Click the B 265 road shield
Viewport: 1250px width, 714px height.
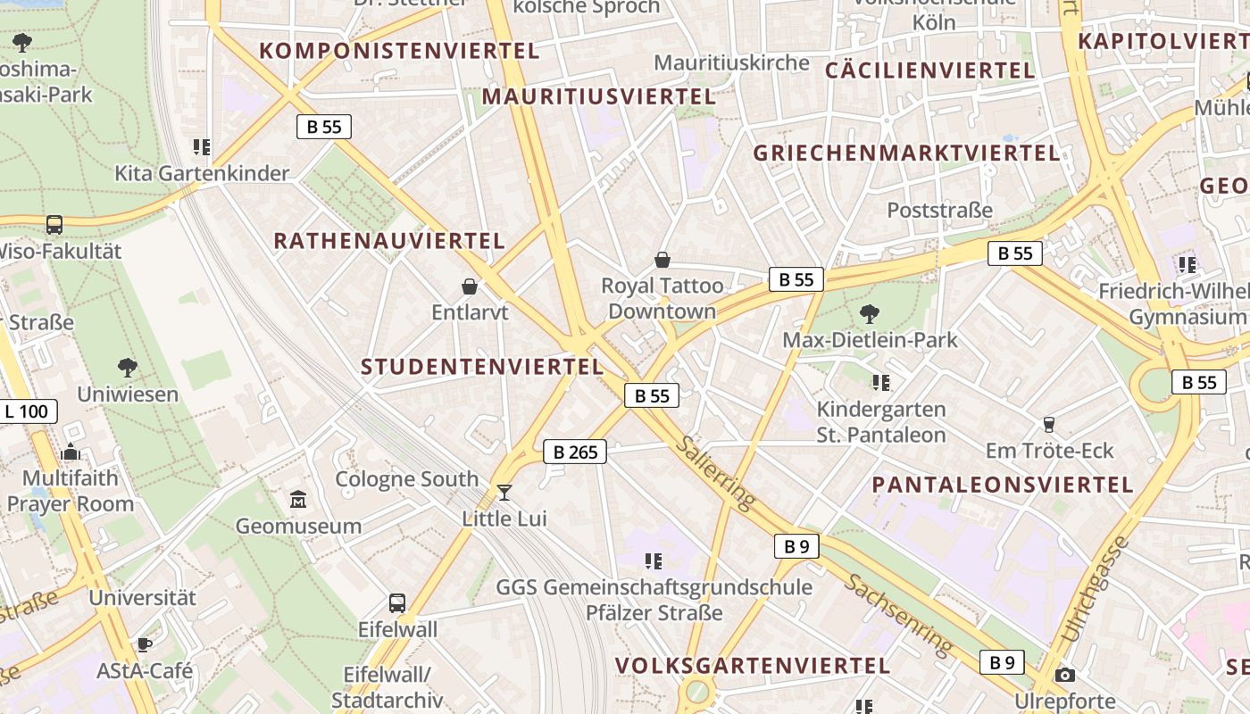point(575,452)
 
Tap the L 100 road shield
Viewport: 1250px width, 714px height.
point(27,411)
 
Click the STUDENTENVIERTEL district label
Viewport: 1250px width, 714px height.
point(482,367)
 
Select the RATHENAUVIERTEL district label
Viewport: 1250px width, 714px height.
point(389,241)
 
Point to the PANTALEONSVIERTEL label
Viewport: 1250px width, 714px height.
point(1003,485)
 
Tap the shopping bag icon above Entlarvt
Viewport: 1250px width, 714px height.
point(470,286)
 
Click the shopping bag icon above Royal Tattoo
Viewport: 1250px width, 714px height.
point(662,260)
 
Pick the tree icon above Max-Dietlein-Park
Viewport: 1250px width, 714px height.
point(869,313)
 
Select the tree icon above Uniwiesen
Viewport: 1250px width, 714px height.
point(127,367)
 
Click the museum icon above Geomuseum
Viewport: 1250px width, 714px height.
point(298,499)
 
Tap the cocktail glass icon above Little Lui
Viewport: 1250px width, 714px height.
point(504,492)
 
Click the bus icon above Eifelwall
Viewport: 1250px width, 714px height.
point(397,603)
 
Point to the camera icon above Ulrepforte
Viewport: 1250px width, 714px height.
point(1064,676)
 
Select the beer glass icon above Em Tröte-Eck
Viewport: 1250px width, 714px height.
point(1049,424)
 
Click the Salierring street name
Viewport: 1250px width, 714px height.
point(713,473)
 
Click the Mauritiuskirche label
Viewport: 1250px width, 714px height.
point(731,62)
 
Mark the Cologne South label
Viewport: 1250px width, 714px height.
point(407,479)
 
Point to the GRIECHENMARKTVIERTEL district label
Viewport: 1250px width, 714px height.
point(906,153)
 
